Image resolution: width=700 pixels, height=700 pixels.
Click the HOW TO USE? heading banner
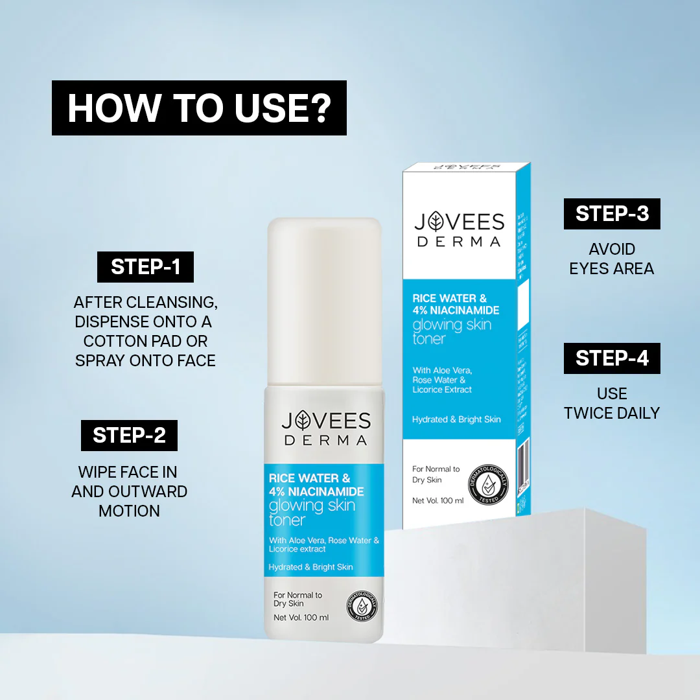point(199,108)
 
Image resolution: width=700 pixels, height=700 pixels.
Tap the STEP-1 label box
point(145,267)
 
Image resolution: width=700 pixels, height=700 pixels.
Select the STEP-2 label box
point(129,435)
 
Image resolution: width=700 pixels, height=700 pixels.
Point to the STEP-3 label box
point(612,214)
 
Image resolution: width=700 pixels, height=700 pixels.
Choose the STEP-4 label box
point(612,358)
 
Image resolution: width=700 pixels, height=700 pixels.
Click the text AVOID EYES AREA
point(612,259)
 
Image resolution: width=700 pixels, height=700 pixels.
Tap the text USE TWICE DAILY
point(612,403)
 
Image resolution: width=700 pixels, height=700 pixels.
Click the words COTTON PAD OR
point(145,341)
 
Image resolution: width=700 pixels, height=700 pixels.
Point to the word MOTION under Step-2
point(129,511)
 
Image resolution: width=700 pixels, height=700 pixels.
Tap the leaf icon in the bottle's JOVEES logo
point(304,421)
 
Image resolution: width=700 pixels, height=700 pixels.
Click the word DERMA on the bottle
point(325,441)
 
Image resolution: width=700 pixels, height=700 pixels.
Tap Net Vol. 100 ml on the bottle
point(301,618)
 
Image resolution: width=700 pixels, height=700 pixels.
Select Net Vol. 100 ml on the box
point(438,500)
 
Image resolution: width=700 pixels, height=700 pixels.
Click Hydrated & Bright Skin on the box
point(456,419)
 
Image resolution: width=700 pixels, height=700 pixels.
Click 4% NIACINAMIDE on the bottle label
point(316,491)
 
